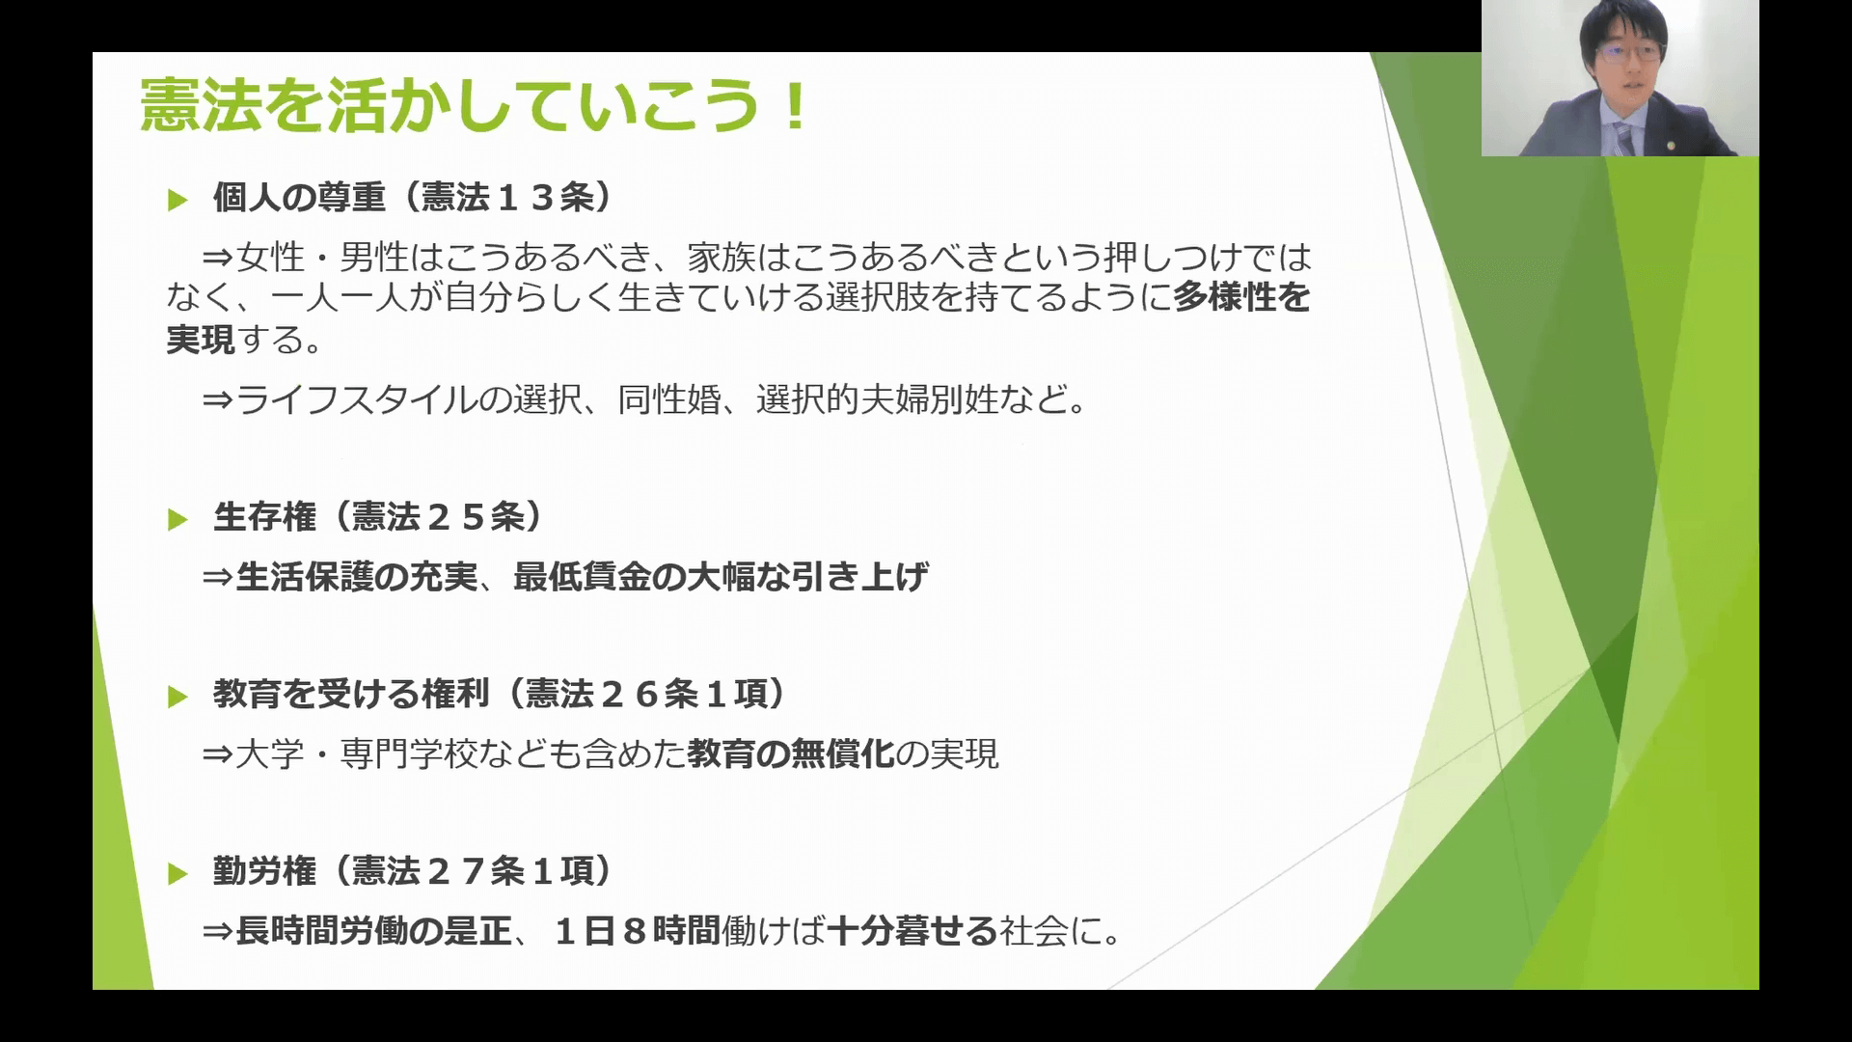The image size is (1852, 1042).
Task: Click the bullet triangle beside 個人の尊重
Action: pos(177,201)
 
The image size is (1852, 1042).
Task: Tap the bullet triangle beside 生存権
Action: pos(177,521)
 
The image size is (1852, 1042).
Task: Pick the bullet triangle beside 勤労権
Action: pos(177,875)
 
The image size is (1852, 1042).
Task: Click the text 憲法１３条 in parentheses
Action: pos(506,198)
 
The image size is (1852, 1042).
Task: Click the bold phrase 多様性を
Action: pos(1242,297)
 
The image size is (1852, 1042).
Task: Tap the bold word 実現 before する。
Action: pos(201,339)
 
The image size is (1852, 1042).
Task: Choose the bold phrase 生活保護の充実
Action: pos(357,577)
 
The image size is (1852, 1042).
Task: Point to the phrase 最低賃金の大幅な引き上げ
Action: pos(722,577)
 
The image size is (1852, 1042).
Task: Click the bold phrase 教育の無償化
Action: pos(791,754)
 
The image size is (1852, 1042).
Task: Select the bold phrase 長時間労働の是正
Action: pos(374,931)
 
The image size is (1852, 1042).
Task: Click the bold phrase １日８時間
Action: pos(638,931)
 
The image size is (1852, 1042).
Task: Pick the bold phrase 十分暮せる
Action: pos(912,931)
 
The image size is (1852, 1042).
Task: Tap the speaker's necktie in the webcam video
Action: pos(1624,140)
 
